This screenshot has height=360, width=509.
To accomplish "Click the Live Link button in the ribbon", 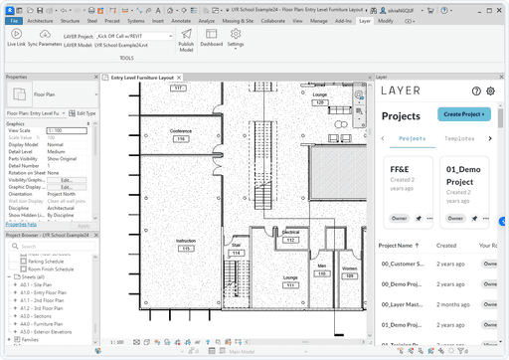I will pos(16,38).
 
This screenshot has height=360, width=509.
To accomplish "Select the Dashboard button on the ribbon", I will pos(211,37).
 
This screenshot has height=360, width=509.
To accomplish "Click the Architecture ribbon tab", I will pos(41,20).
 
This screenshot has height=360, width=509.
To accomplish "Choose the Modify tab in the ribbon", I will pos(386,20).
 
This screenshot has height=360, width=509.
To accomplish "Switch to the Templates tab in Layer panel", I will pos(459,139).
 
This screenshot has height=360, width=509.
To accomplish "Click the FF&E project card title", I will pos(400,169).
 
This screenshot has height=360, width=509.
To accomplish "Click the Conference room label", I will pos(181,131).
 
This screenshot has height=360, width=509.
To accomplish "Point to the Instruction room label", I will pos(186,241).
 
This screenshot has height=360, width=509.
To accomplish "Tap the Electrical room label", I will pos(290,232).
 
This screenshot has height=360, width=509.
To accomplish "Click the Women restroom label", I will pos(349,269).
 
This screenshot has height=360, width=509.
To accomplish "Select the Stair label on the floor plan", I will pos(236,244).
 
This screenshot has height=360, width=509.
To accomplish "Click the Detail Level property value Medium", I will pos(56,151).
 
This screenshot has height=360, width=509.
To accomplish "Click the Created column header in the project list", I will pos(447,245).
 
